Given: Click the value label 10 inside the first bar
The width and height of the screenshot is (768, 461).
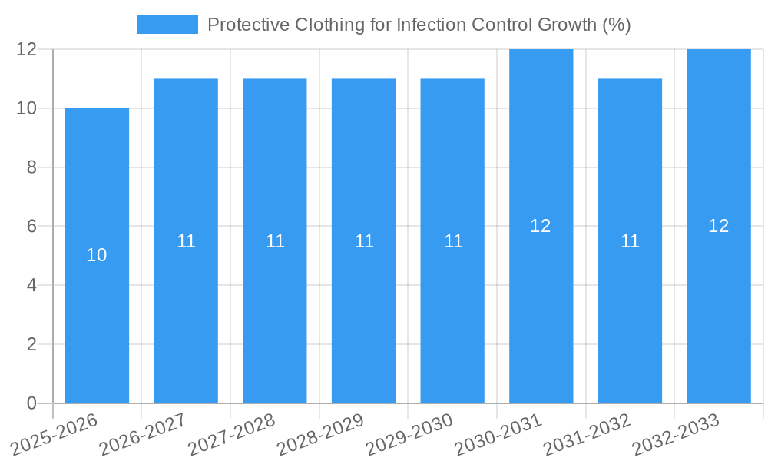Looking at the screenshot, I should [x=97, y=256].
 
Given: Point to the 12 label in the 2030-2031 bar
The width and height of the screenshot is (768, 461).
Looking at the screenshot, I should [x=541, y=226].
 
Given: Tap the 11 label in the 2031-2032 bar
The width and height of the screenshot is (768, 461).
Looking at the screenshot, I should [x=630, y=241].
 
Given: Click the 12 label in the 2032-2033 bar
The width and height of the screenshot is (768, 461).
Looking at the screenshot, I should [x=718, y=226].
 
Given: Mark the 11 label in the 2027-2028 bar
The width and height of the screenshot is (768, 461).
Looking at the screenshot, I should [x=275, y=241].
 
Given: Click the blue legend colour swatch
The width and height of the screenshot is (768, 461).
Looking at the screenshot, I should [x=167, y=25].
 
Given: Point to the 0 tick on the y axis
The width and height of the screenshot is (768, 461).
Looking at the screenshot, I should [x=31, y=403].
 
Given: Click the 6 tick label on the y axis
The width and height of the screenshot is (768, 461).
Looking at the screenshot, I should [x=31, y=227].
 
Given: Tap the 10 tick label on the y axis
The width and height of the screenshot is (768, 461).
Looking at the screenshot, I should [x=27, y=108].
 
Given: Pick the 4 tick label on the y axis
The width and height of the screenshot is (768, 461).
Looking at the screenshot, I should [x=31, y=285].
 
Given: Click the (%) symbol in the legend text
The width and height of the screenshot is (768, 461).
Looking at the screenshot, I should [x=617, y=25].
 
